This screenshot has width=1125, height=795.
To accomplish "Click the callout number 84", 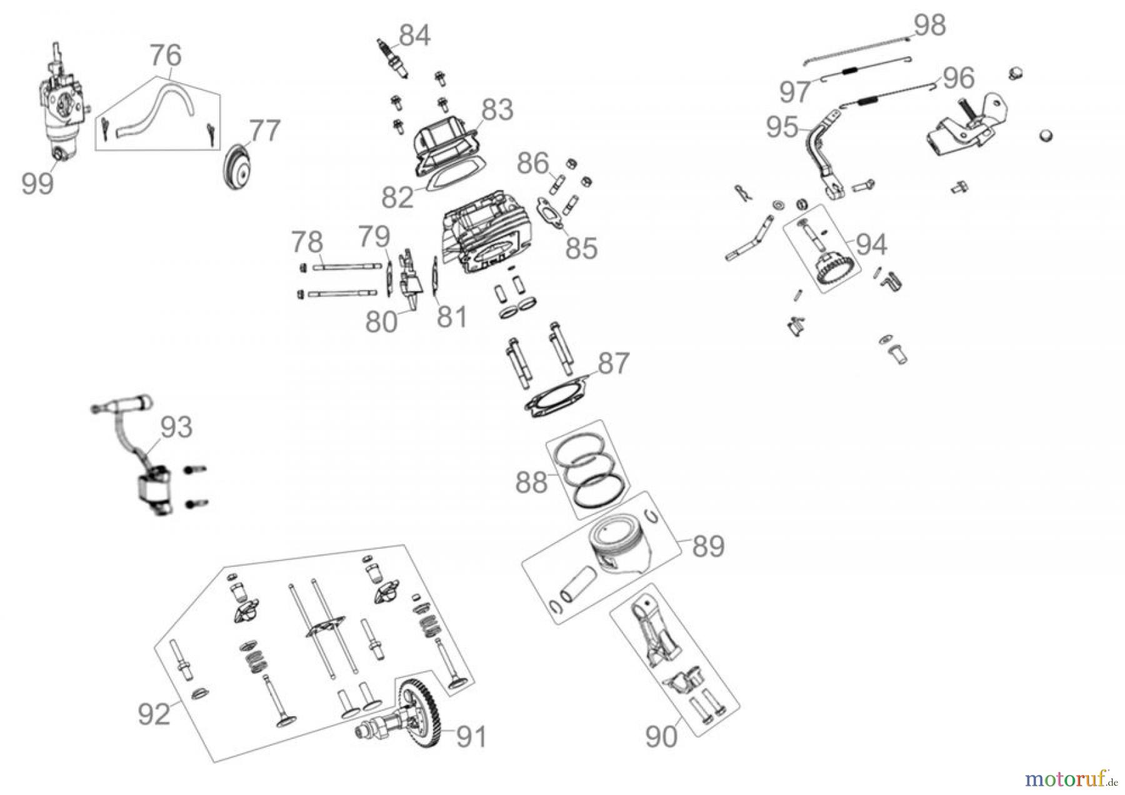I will point(414,36).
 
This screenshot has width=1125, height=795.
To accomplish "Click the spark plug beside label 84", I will point(392,61).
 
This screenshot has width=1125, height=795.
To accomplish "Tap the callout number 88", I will point(532,483).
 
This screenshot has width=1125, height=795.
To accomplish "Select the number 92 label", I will point(154,714).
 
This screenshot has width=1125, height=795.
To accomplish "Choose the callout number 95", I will point(782,127).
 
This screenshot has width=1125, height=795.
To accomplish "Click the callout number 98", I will point(929,26).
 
